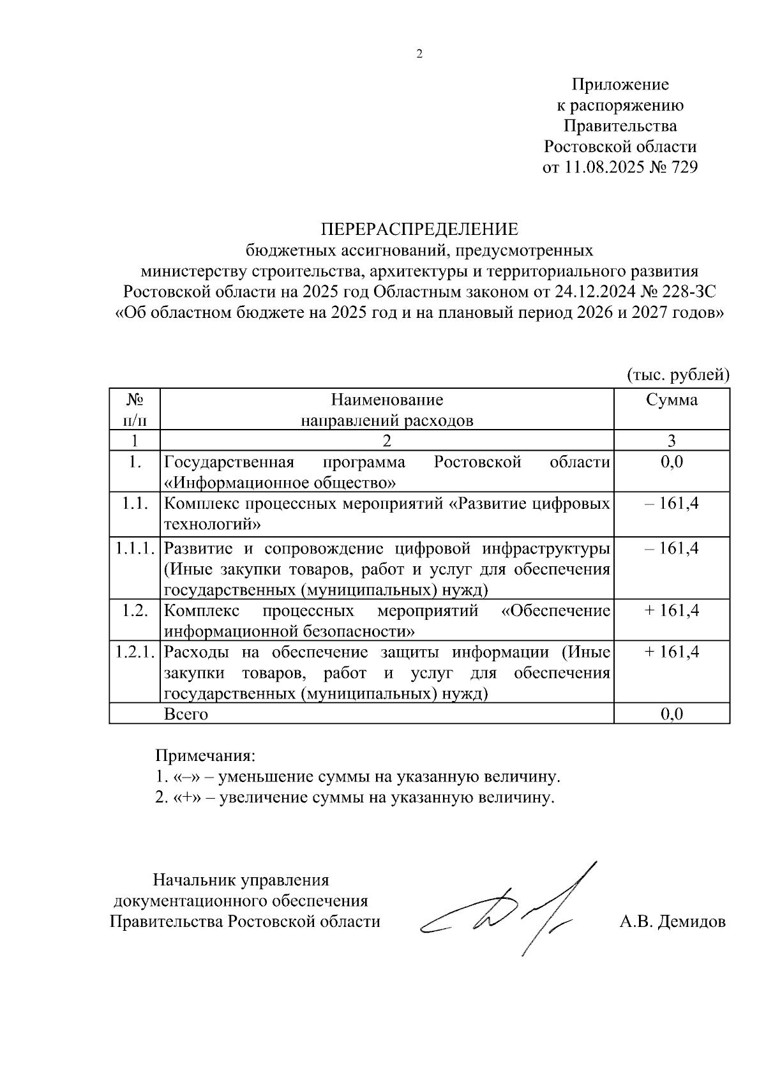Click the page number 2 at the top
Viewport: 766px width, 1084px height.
(x=419, y=55)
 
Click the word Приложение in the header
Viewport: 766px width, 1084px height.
(x=620, y=84)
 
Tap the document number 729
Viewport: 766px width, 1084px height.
(x=681, y=167)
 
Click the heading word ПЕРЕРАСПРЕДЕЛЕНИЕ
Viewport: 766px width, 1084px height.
(x=419, y=229)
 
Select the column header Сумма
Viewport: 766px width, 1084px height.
(x=672, y=400)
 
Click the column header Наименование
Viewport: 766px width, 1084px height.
(x=387, y=400)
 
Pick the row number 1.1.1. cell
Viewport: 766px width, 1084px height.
(x=135, y=548)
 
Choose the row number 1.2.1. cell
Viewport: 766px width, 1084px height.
(x=135, y=652)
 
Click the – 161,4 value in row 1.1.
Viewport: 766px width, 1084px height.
(x=672, y=504)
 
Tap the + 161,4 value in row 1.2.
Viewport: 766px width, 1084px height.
(x=672, y=611)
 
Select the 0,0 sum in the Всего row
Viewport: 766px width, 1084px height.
(x=672, y=714)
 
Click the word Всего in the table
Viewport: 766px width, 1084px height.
(x=186, y=714)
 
